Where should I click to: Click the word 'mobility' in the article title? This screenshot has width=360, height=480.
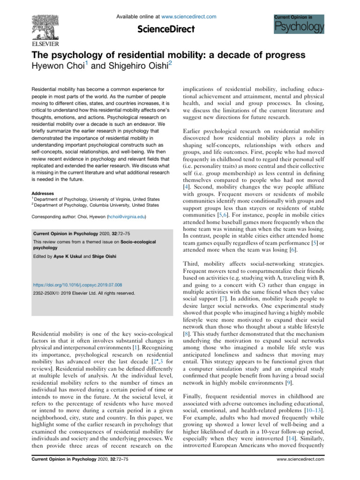pyautogui.click(x=161, y=55)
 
